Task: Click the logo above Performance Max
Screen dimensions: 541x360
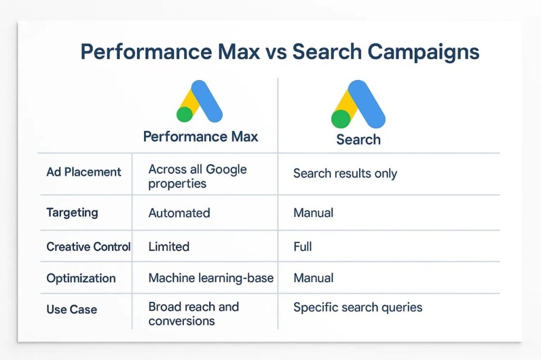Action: (199, 101)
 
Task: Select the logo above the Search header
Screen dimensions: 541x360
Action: (358, 104)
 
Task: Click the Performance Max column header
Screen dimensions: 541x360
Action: (200, 137)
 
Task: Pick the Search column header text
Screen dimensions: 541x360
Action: (359, 140)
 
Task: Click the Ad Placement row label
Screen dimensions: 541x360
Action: (84, 172)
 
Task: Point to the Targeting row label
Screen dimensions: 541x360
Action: (72, 213)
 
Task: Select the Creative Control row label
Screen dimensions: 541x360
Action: (88, 247)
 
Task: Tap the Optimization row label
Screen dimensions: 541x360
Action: (81, 278)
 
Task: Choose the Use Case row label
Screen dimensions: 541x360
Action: (72, 309)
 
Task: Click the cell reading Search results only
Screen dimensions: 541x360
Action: (345, 174)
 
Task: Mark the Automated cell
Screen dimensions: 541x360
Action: (179, 213)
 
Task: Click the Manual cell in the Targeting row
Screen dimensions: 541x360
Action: (313, 213)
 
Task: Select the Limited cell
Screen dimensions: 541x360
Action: (169, 247)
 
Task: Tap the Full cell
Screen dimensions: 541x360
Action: (303, 247)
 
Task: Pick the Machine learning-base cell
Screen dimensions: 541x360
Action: (211, 278)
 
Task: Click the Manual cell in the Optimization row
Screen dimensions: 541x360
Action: (313, 278)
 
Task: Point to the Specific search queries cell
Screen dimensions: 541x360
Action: (358, 308)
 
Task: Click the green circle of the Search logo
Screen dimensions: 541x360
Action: (341, 119)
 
